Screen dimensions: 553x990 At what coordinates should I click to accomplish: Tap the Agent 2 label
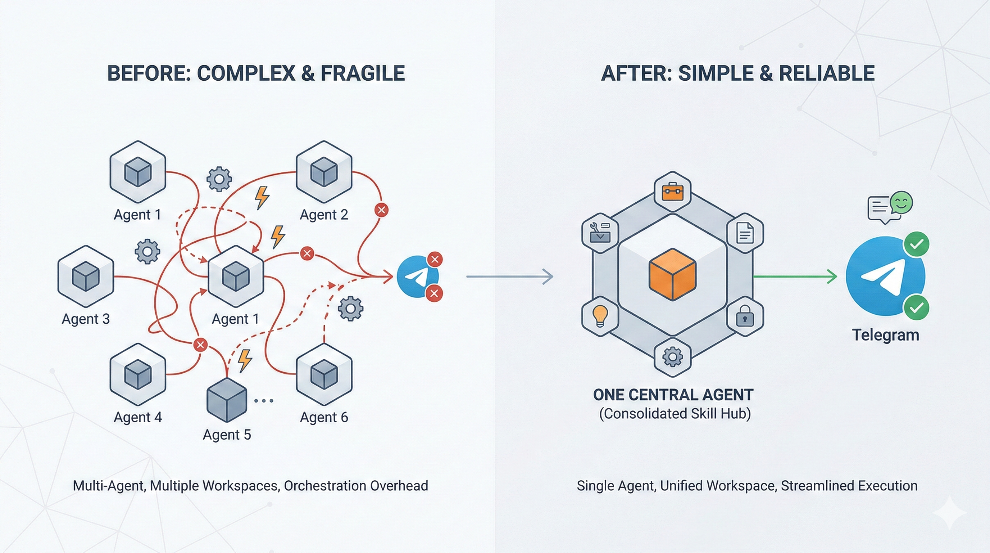click(x=324, y=215)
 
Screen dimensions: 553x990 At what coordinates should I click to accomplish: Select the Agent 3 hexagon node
click(x=86, y=276)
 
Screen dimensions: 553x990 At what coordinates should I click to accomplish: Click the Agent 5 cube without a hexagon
click(x=226, y=400)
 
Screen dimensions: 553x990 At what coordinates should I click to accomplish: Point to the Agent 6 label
click(x=324, y=417)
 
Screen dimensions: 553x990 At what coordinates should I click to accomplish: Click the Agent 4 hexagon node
click(x=137, y=374)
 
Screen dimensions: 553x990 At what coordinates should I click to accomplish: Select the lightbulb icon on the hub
click(x=600, y=316)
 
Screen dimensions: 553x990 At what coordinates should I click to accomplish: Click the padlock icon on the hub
click(x=744, y=316)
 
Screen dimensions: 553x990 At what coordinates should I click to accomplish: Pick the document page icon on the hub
click(x=744, y=233)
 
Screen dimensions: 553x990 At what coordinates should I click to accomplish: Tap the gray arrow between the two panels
click(x=509, y=276)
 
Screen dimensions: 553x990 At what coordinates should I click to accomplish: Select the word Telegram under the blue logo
click(x=885, y=335)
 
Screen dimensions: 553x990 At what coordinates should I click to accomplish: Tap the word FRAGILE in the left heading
click(x=362, y=73)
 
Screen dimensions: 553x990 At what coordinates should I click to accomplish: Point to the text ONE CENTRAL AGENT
click(x=673, y=395)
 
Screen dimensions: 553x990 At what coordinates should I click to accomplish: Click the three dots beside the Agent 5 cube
click(x=264, y=401)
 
